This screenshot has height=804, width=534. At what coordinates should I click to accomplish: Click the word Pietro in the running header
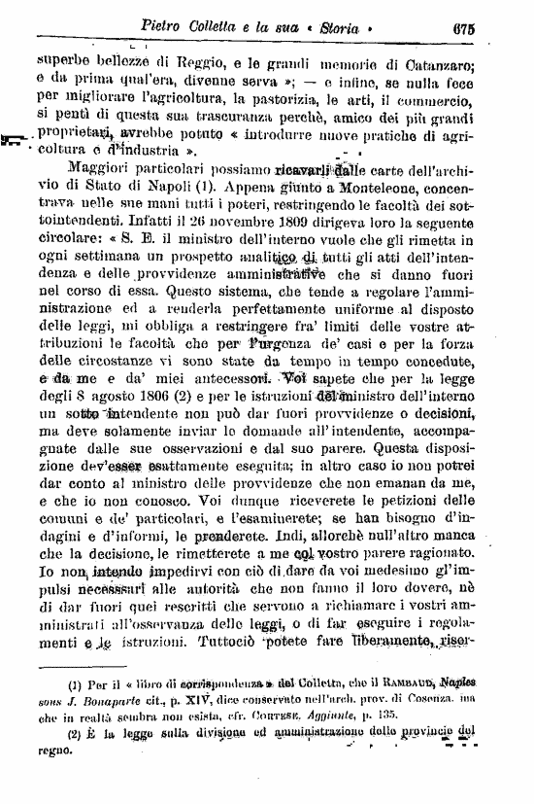[170, 23]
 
